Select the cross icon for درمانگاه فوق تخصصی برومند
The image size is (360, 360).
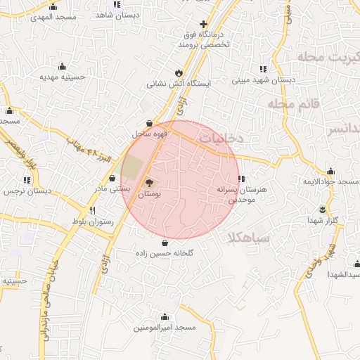(x=204, y=24)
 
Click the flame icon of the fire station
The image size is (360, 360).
(x=179, y=72)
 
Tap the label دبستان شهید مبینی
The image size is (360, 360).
(x=262, y=80)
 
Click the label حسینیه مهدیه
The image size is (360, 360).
(x=56, y=76)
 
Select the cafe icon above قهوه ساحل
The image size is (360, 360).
(x=148, y=123)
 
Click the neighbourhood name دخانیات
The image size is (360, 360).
(x=220, y=139)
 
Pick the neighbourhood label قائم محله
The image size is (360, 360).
(x=293, y=104)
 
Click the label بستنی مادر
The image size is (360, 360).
(x=112, y=188)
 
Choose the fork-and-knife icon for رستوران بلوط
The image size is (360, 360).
(x=91, y=211)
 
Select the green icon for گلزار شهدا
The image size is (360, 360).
(x=323, y=209)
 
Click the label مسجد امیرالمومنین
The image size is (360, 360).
(x=165, y=328)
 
